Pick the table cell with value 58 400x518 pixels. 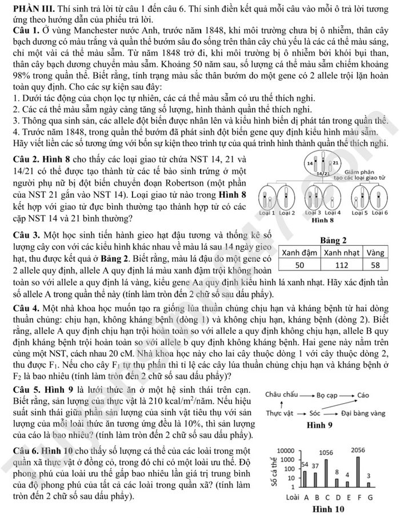(x=375, y=265)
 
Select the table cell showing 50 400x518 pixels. (x=299, y=265)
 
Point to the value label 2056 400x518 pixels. (x=358, y=451)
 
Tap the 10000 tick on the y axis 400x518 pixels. (x=286, y=451)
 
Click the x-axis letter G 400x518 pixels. (x=369, y=497)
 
